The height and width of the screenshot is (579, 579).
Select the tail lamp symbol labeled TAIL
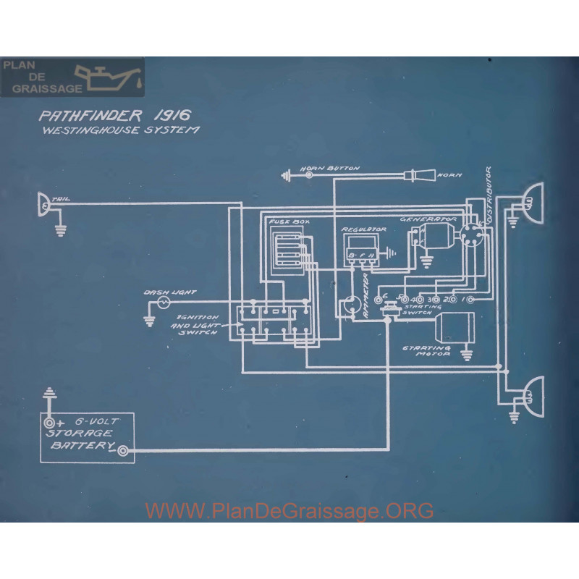[43, 205]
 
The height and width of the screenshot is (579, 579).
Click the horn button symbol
[309, 174]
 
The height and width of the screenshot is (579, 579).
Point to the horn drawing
[423, 174]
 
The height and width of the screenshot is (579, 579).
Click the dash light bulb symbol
[164, 299]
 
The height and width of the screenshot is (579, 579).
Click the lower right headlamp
[533, 394]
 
